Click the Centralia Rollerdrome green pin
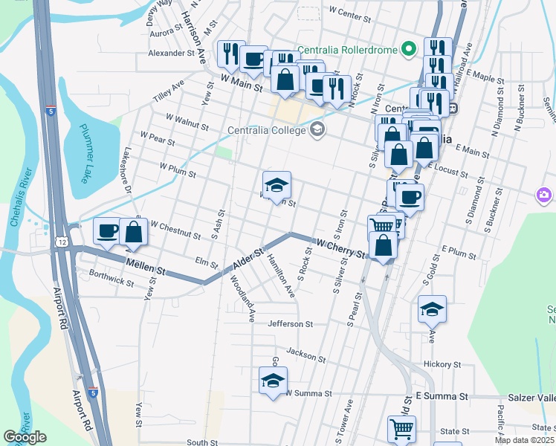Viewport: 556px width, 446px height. click(x=407, y=51)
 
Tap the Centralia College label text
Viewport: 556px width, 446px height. click(x=268, y=131)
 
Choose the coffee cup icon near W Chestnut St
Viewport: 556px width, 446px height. click(x=107, y=230)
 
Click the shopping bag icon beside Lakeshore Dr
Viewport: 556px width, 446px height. click(x=133, y=232)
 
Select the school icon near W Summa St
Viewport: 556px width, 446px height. click(x=273, y=381)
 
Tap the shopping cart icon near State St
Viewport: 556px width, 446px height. click(x=401, y=428)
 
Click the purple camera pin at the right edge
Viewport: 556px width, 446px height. click(x=544, y=195)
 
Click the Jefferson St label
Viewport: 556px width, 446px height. click(x=291, y=324)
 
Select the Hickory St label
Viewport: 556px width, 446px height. click(x=443, y=364)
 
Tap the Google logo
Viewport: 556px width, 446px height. click(x=25, y=437)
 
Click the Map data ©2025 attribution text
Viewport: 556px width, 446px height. click(x=523, y=440)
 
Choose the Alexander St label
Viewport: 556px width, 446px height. click(x=171, y=54)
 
